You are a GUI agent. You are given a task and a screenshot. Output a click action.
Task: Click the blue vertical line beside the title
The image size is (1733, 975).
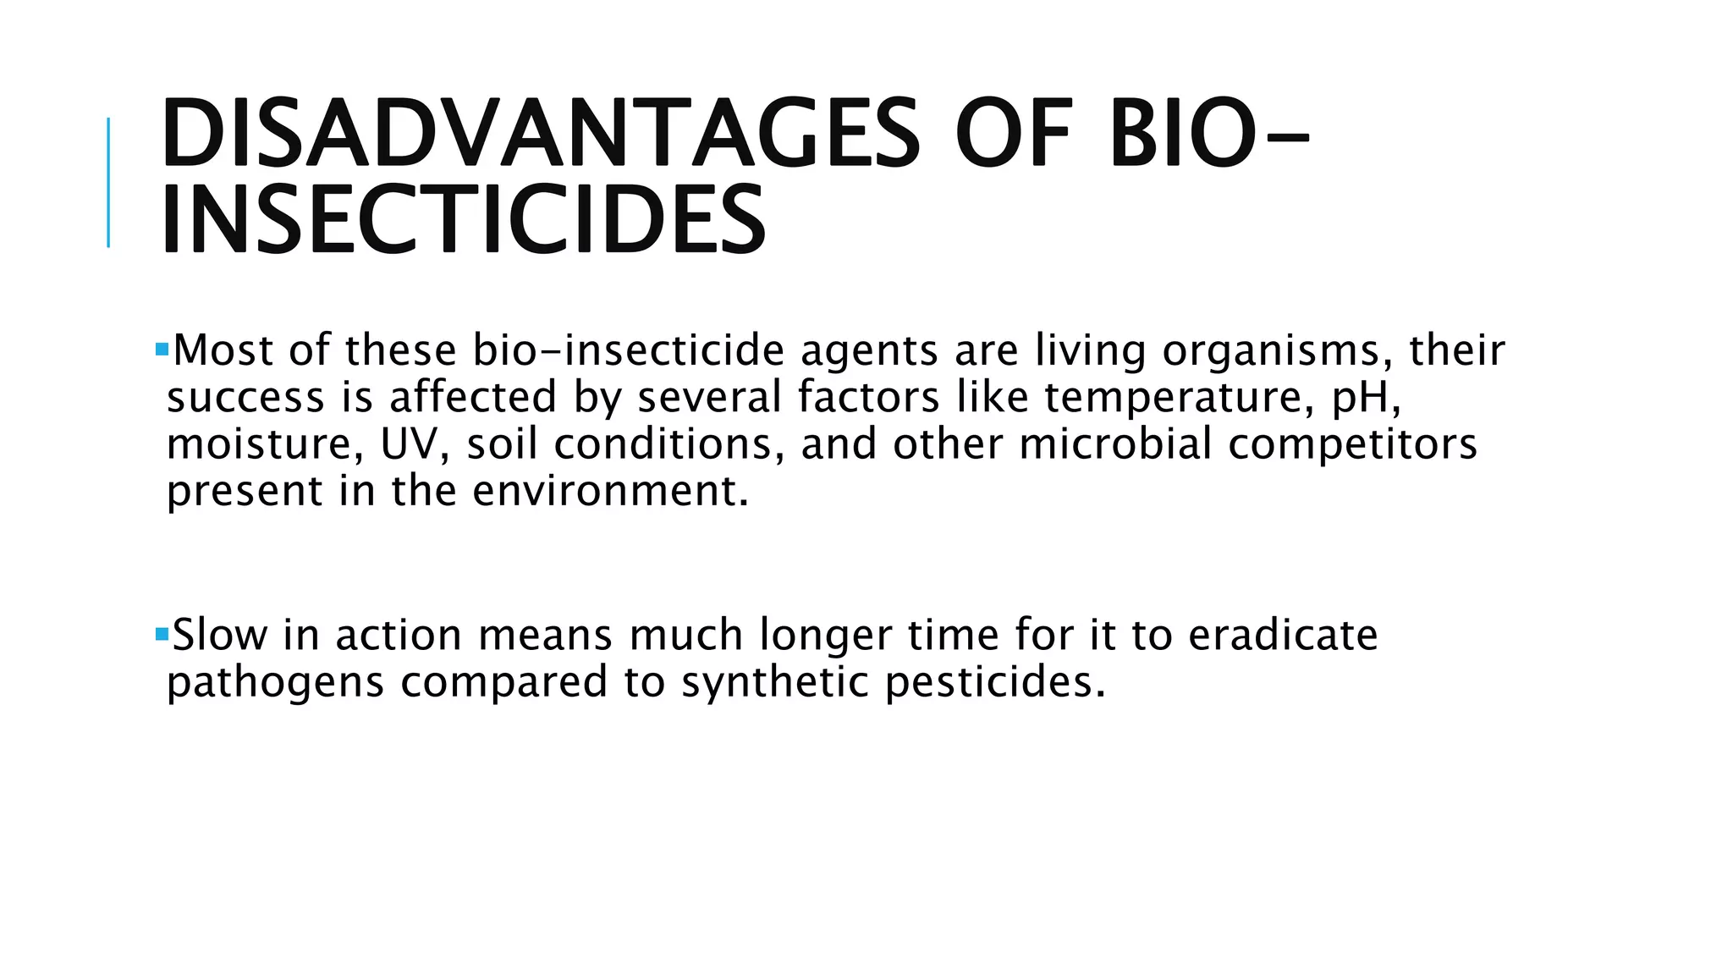click(x=108, y=182)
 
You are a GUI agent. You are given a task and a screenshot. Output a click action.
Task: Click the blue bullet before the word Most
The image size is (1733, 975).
click(x=162, y=349)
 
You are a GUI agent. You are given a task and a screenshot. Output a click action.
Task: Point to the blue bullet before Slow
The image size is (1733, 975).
click(x=162, y=633)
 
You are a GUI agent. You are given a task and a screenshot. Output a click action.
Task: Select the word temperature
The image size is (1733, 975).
click(x=1179, y=398)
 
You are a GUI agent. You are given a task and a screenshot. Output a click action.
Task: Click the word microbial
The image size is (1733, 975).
click(x=1115, y=444)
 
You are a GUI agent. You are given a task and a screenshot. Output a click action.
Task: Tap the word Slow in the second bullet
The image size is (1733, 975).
click(x=219, y=635)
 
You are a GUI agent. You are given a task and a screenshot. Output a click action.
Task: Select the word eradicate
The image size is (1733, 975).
click(x=1283, y=635)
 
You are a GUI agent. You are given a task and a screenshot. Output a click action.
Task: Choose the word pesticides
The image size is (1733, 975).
click(x=994, y=682)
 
